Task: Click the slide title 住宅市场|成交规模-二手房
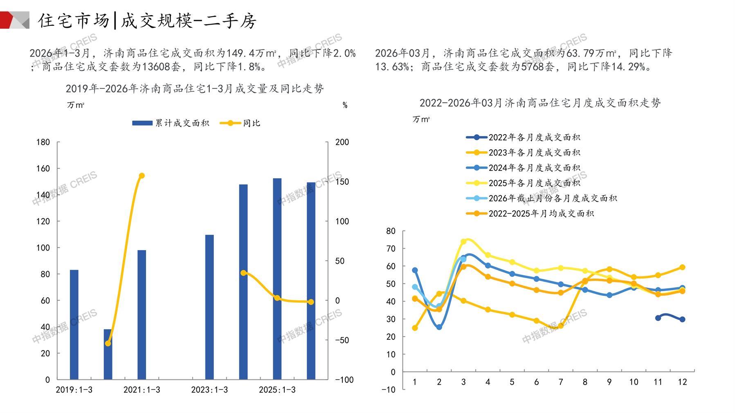tap(147, 20)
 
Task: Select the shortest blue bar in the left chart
tap(108, 354)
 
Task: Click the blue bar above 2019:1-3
tap(74, 325)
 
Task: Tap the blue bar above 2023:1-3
tap(209, 307)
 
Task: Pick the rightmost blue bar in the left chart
tap(311, 281)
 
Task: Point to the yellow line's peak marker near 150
tap(142, 176)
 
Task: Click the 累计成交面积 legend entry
tap(171, 123)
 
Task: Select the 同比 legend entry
tap(240, 123)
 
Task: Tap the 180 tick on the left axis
tap(43, 142)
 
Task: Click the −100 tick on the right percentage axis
tap(344, 379)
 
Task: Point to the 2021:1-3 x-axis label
tap(142, 390)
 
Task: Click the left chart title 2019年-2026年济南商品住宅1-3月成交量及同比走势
tap(195, 88)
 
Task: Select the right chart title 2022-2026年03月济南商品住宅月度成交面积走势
tap(540, 103)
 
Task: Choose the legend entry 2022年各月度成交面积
tap(523, 137)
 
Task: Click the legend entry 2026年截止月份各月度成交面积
tap(542, 198)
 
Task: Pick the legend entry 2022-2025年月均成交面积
tap(530, 213)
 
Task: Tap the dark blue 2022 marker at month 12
tap(682, 319)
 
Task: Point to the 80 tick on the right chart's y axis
tap(391, 231)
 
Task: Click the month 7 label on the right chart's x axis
tap(561, 382)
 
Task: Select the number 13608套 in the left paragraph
tap(161, 66)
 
